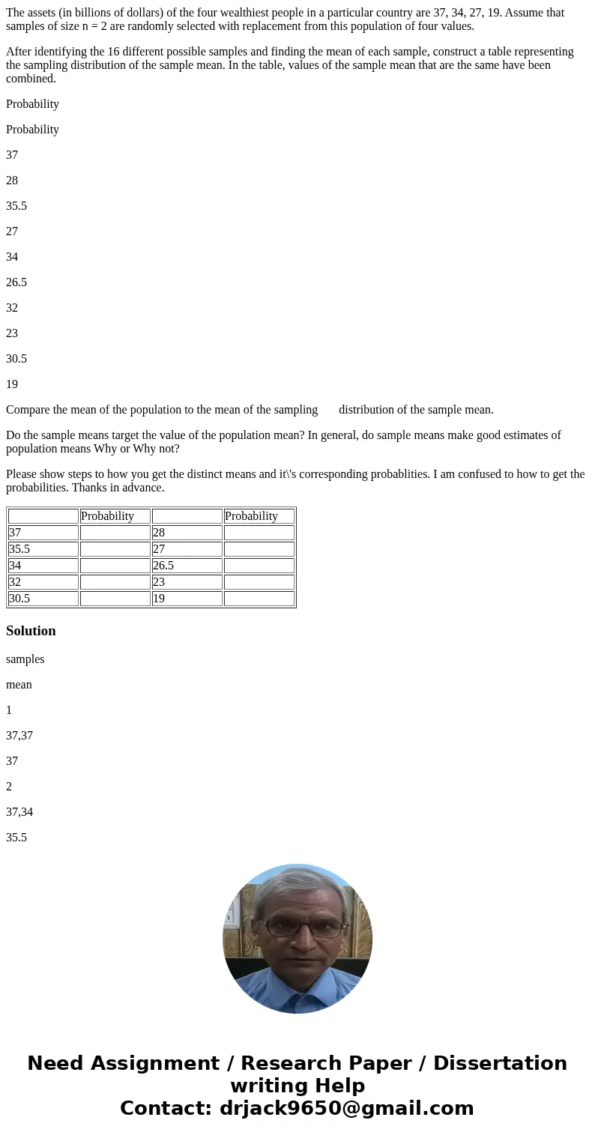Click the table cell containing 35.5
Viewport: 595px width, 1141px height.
click(43, 549)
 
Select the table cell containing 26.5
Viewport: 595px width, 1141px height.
click(187, 566)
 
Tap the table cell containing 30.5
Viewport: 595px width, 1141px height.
click(43, 599)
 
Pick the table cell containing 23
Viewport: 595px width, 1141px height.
click(187, 582)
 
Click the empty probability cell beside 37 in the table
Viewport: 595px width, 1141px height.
click(115, 533)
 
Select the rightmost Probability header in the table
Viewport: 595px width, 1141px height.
click(259, 516)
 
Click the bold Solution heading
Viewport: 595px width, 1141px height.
click(31, 631)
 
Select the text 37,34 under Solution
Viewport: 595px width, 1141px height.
click(19, 811)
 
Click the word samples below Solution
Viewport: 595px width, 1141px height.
click(25, 659)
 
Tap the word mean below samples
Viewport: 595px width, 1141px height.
click(19, 685)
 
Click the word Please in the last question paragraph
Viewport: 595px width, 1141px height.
click(22, 474)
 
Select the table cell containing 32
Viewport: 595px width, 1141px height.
click(43, 582)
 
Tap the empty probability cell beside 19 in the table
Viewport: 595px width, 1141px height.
click(259, 599)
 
